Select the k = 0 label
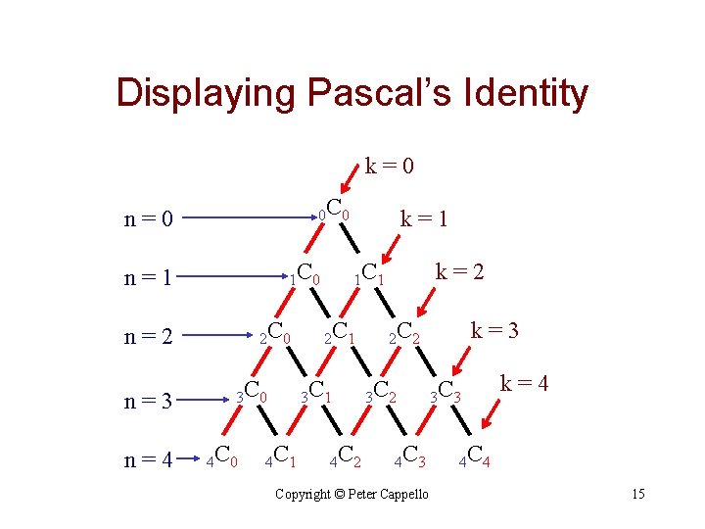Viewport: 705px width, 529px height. pyautogui.click(x=390, y=166)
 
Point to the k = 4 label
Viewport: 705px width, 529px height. pyautogui.click(x=524, y=383)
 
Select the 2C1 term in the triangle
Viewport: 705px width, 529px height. pyautogui.click(x=339, y=334)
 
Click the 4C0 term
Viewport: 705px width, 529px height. pyautogui.click(x=219, y=456)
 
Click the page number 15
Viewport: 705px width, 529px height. pyautogui.click(x=637, y=494)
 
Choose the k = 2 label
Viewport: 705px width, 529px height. pyautogui.click(x=459, y=269)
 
